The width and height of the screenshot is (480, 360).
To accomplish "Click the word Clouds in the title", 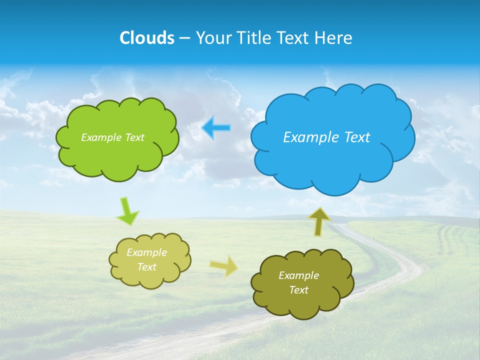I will pos(146,38).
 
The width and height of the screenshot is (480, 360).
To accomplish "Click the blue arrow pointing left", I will pos(216,128).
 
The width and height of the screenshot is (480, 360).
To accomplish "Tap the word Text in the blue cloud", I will pos(354,137).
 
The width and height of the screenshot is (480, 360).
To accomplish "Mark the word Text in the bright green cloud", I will pos(133,137).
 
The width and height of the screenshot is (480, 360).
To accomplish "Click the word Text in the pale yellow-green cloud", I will pos(146,267).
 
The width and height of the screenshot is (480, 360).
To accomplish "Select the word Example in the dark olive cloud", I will pos(298,275).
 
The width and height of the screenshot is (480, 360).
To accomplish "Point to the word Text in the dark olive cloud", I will pos(298,290).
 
